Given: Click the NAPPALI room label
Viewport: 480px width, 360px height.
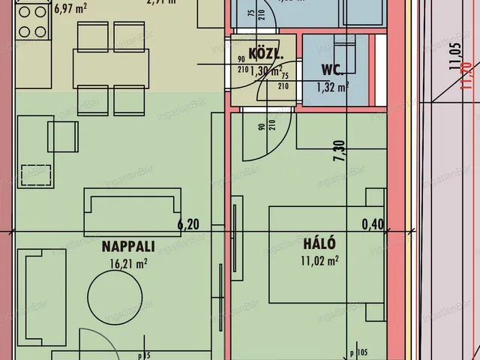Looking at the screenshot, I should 128,245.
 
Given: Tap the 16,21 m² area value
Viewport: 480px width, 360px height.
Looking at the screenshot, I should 128,262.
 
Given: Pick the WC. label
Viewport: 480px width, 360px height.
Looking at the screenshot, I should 333,71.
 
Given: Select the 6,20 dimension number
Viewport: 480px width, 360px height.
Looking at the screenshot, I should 189,223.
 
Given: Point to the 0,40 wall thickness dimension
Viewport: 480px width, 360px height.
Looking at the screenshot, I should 372,223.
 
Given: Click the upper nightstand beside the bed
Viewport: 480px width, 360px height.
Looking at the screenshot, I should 373,199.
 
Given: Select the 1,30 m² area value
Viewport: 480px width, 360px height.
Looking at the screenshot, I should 266,72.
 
